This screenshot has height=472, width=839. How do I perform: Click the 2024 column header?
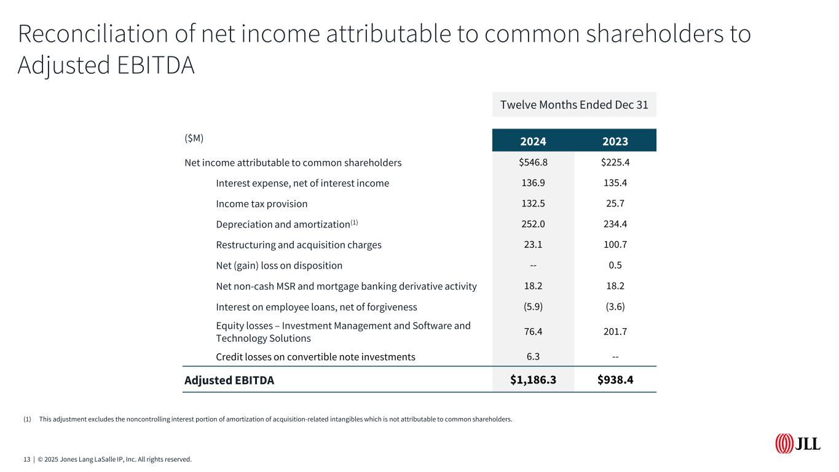point(533,141)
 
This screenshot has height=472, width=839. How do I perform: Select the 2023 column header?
point(615,141)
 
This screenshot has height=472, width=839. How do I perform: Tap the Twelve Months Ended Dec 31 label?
point(574,104)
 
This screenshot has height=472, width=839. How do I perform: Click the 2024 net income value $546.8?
point(533,163)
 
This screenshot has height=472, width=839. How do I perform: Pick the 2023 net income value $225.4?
point(615,163)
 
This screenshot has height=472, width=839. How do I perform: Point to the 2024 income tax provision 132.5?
point(533,203)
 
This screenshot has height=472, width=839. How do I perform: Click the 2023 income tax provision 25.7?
point(615,203)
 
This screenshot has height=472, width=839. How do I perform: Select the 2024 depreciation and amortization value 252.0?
point(533,224)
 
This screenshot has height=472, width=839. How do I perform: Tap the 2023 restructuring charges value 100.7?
point(615,245)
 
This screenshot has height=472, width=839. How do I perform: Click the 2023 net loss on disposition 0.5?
point(615,265)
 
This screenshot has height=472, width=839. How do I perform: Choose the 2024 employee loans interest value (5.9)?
point(533,307)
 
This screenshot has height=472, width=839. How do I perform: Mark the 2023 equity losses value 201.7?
point(615,332)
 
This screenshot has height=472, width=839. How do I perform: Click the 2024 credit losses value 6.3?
point(533,357)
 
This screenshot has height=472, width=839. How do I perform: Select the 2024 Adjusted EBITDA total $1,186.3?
point(533,380)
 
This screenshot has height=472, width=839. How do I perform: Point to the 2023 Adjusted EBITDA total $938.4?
point(615,380)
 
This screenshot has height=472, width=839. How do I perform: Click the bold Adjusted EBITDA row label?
point(229,380)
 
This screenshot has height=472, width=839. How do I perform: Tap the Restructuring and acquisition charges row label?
point(299,245)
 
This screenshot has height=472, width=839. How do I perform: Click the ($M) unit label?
point(194,138)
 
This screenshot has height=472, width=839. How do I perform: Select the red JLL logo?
point(797,443)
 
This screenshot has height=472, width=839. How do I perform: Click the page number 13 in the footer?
point(27,459)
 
